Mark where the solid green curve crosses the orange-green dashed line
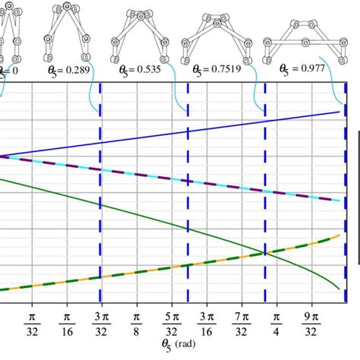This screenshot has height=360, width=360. [265, 253]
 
